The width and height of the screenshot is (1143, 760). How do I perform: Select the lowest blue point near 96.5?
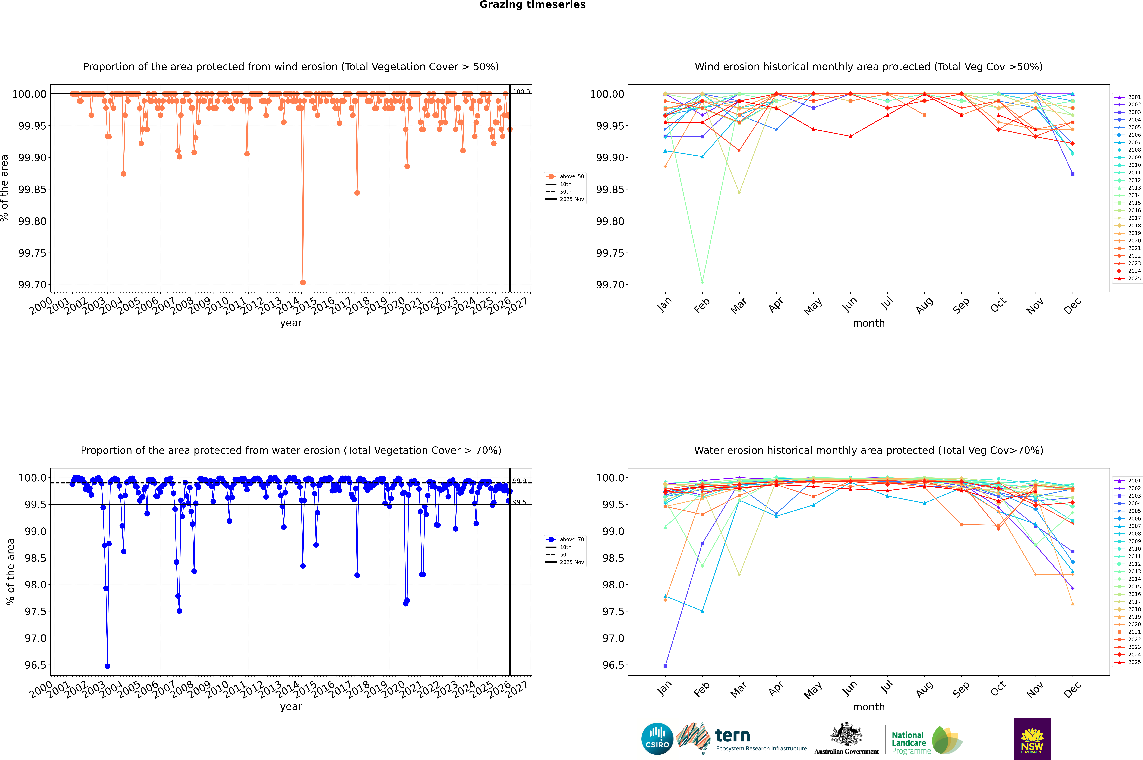(x=108, y=666)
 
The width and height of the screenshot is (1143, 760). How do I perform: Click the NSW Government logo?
(x=1032, y=739)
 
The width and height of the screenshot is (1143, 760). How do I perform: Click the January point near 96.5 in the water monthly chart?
(x=665, y=666)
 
